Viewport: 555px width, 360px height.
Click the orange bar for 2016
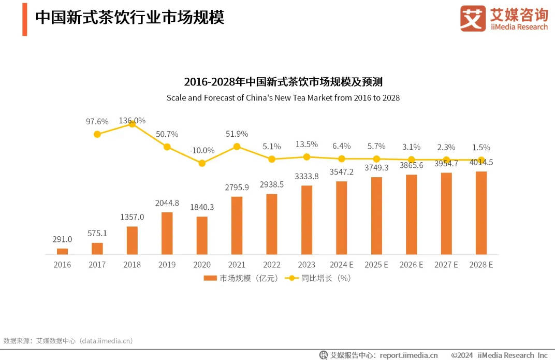coord(62,251)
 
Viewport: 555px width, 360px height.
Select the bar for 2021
coord(237,225)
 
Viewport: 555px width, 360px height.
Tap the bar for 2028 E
coord(481,213)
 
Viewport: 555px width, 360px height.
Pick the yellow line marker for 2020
coord(202,163)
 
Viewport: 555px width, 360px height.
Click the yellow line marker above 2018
coord(132,124)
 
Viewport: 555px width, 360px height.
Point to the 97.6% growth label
coord(97,122)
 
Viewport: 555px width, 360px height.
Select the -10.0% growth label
coord(202,150)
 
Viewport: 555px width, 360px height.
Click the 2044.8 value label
coord(167,203)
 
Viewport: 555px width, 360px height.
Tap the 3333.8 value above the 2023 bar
coord(306,176)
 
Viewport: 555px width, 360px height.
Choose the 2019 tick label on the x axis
coord(167,265)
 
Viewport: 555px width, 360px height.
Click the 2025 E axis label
coord(376,265)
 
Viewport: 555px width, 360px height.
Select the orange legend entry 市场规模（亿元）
coord(241,278)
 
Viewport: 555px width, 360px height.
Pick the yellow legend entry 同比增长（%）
coord(318,278)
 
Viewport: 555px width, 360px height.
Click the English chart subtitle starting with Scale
coord(283,97)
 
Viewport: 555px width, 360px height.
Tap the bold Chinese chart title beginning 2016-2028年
coord(283,82)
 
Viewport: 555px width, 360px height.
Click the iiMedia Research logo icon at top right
coord(473,19)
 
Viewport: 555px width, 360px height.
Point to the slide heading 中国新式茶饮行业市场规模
coord(129,18)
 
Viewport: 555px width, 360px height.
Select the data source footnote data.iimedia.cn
coord(68,341)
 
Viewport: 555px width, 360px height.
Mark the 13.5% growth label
coord(306,144)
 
